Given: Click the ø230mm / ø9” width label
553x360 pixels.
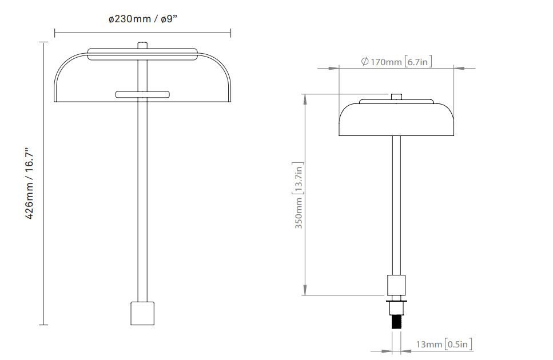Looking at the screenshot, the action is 142,19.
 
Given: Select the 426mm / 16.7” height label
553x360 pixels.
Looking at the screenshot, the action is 30,183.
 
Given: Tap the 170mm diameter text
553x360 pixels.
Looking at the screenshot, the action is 386,62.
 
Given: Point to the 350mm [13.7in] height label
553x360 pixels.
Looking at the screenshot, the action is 299,195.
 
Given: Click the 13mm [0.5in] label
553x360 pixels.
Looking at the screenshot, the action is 444,344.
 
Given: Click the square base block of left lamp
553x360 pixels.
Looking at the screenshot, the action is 142,313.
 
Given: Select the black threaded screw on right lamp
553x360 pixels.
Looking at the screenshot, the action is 396,322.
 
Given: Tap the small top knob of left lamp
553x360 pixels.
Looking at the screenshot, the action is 142,45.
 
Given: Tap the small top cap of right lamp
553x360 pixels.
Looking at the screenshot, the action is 396,97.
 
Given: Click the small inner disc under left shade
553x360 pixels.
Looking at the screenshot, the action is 142,94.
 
